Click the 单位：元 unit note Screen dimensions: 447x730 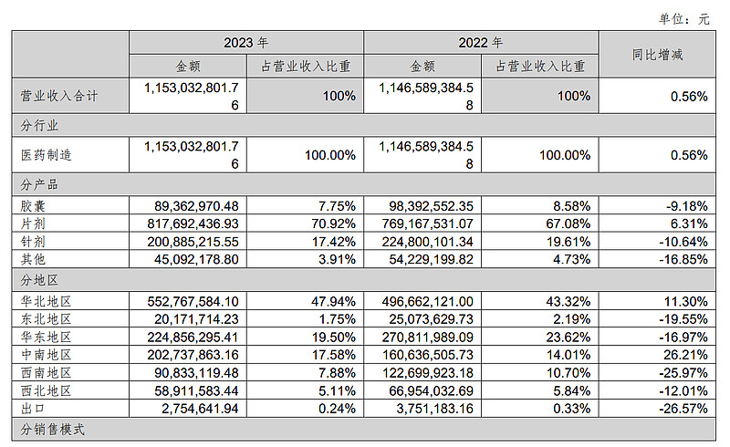pos(691,17)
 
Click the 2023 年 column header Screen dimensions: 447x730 pos(245,43)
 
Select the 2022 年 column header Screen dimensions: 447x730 pos(480,43)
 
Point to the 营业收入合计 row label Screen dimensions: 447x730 pos(58,95)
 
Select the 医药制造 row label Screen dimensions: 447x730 pos(46,155)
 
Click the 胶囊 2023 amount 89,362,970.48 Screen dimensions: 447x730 pos(193,205)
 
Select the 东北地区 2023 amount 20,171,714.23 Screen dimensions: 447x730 pos(193,319)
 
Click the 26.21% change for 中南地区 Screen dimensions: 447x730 pos(684,354)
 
